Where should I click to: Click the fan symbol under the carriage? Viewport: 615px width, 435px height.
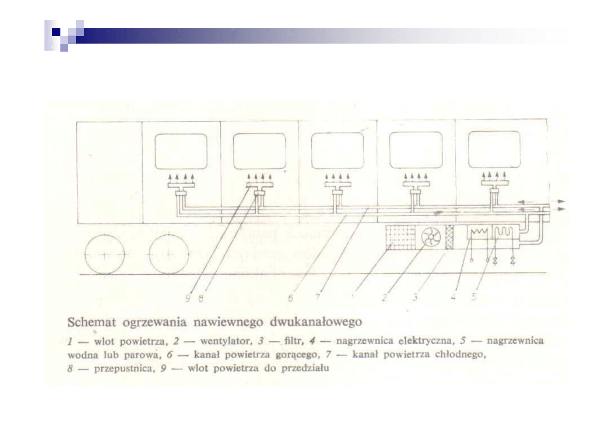point(431,237)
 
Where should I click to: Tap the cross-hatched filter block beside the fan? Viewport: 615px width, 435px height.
point(449,237)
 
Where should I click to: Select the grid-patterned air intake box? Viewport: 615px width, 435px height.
point(401,237)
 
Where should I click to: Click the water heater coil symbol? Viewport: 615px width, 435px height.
point(504,232)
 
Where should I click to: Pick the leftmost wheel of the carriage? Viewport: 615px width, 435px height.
point(104,254)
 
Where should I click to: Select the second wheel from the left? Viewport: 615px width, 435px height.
point(169,254)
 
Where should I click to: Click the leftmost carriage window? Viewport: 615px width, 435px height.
point(181,151)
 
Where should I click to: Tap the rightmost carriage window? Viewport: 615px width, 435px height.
point(494,150)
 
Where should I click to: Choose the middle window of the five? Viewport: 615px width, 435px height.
point(337,151)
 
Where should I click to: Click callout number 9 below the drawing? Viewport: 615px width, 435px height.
point(188,299)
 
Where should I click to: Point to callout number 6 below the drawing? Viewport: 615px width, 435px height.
point(291,298)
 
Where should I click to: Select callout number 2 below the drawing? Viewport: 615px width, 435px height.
point(384,297)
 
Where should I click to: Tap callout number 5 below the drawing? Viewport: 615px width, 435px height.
point(474,297)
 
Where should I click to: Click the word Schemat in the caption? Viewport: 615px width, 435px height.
point(92,322)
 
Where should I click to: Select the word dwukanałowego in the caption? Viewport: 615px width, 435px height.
point(316,322)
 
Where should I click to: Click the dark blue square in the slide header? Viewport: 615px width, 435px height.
point(56,32)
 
